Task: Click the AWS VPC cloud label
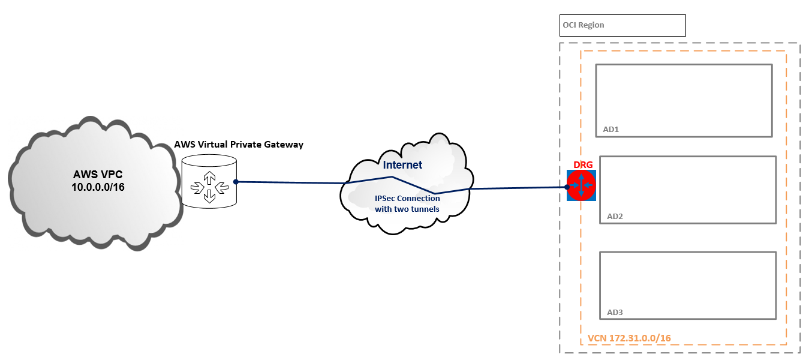(98, 175)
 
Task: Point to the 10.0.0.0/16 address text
(98, 187)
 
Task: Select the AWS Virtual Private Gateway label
(239, 145)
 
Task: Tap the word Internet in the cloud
(402, 165)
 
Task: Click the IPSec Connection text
(407, 199)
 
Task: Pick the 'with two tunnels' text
(407, 209)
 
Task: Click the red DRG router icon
(581, 185)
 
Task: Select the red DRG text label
(583, 165)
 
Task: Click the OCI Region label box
(622, 25)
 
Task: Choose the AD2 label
(615, 216)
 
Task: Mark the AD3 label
(615, 312)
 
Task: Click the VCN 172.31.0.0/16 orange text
(629, 338)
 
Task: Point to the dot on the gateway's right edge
(236, 181)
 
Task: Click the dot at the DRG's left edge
(567, 187)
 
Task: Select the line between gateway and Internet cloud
(288, 182)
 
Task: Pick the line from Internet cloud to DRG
(516, 188)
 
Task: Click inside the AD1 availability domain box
(683, 96)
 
